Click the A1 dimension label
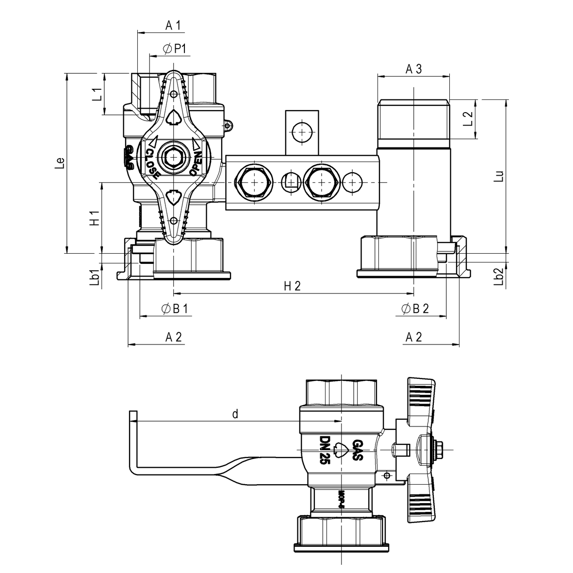coord(173,26)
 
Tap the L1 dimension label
coord(97,94)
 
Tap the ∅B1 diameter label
coord(174,309)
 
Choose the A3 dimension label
coord(413,69)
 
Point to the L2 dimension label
coord(468,119)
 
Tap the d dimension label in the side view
coord(235,414)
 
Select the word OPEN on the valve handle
coord(196,163)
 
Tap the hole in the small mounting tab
coord(301,131)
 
